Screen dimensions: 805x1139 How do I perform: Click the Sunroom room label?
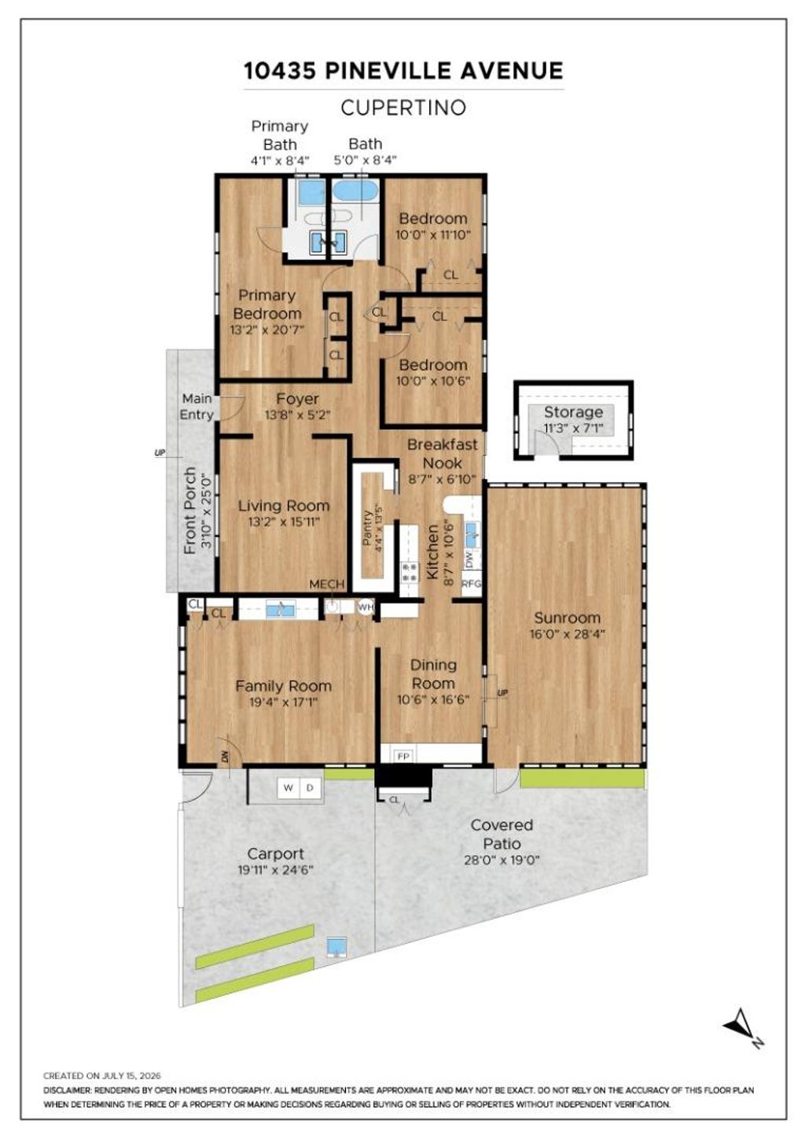click(567, 617)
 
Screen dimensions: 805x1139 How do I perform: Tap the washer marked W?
click(289, 787)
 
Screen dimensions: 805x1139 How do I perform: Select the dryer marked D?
click(310, 787)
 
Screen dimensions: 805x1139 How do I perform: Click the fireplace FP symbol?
click(403, 756)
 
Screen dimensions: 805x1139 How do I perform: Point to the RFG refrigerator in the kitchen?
click(471, 584)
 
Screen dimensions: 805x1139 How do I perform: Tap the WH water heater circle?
click(366, 606)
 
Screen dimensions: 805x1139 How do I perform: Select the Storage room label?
click(573, 412)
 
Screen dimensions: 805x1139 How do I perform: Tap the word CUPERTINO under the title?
click(403, 108)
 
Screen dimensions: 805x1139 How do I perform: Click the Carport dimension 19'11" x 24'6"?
click(275, 870)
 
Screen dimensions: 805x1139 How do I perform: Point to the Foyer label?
click(297, 399)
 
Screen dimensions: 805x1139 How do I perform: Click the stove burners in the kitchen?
click(410, 572)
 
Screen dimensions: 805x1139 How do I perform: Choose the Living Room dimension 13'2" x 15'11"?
click(284, 522)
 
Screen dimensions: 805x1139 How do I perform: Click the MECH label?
click(327, 584)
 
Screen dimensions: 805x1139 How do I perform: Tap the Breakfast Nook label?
click(442, 454)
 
